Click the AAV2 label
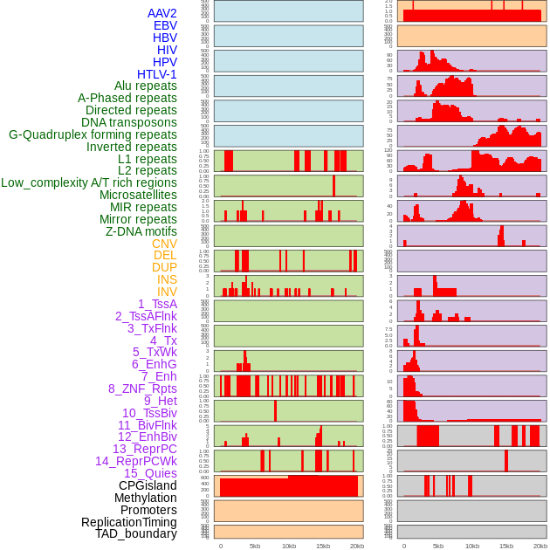162,13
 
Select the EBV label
165,25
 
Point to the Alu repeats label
145,86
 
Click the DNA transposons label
128,122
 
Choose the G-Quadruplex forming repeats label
93,134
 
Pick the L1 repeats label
147,159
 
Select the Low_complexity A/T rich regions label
88,182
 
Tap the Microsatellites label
138,195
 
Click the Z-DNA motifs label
141,231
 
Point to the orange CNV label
164,244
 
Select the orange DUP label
164,267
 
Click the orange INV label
167,292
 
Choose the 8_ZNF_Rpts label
142,388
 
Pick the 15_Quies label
150,473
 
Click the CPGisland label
148,485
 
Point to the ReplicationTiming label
128,522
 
